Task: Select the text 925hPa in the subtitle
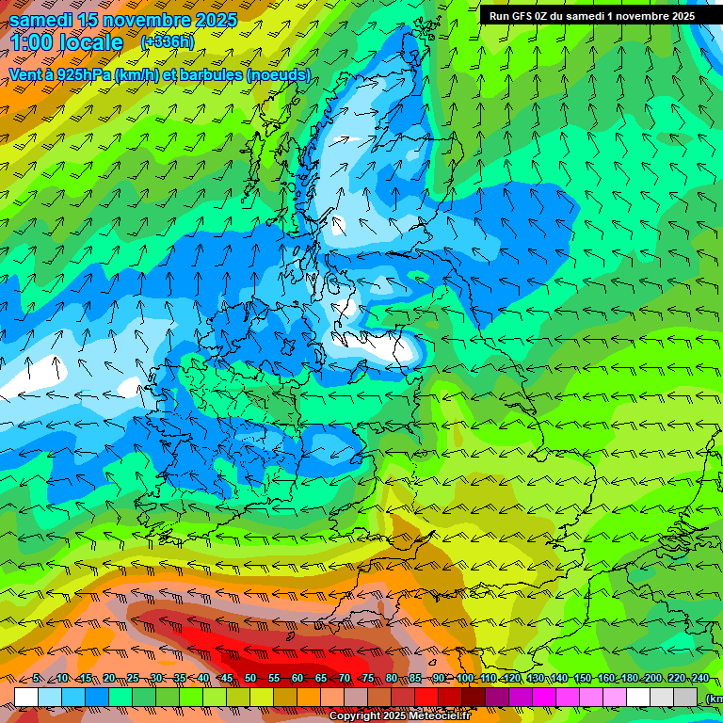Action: point(82,74)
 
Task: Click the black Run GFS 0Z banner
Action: point(592,16)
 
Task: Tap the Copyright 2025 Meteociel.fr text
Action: point(399,715)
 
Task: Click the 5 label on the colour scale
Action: point(36,679)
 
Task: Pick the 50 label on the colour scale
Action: point(250,679)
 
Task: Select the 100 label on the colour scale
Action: point(465,679)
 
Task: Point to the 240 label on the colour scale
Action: point(699,679)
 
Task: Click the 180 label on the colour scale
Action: point(630,679)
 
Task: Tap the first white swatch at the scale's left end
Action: point(26,697)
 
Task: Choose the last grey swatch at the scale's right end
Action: point(685,697)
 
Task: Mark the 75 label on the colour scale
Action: point(368,679)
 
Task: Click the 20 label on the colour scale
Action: point(109,679)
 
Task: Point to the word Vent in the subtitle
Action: point(25,74)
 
